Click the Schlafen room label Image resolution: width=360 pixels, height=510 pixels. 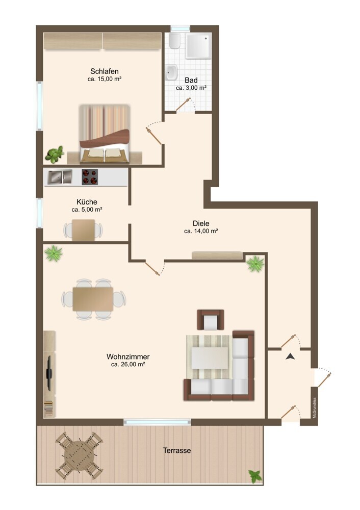(x=105, y=71)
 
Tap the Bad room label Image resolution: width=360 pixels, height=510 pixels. (x=191, y=80)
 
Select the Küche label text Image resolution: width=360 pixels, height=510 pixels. (x=87, y=202)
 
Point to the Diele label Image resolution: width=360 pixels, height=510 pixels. (x=201, y=223)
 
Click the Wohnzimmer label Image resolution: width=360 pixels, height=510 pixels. (x=128, y=357)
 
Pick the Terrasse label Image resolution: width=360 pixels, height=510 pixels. (x=177, y=450)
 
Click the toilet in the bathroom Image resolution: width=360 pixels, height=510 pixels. (x=174, y=41)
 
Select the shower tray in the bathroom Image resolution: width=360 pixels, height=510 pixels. (x=199, y=46)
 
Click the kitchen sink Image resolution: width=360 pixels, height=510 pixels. (x=60, y=177)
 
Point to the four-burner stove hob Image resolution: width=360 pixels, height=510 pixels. (x=89, y=177)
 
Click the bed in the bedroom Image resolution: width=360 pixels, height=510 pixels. (x=105, y=134)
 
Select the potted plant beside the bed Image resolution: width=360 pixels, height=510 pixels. (x=55, y=155)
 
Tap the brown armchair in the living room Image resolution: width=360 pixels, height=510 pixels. (x=211, y=319)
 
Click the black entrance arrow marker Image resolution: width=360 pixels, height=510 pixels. (x=290, y=356)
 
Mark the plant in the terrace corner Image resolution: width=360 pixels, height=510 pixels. (x=255, y=476)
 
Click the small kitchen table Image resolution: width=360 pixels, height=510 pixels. (x=83, y=229)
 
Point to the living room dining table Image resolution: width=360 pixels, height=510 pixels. (x=93, y=299)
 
